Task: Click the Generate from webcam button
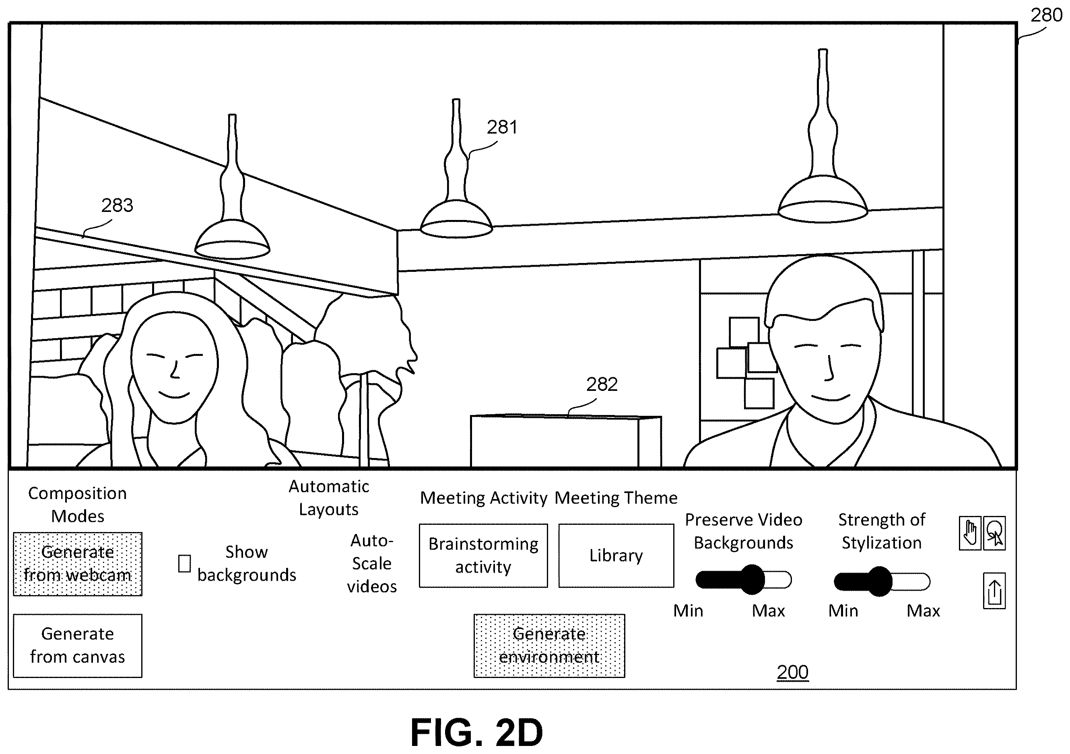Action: (77, 563)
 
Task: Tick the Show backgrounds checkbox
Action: (185, 563)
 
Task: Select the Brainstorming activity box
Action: (483, 556)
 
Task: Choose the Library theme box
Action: (616, 556)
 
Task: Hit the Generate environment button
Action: (549, 645)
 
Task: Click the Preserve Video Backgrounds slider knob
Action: (752, 580)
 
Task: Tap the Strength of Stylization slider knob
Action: (879, 581)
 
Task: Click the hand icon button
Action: (970, 533)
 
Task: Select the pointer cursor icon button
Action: (994, 533)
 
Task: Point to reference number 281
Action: (502, 127)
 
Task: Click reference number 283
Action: (118, 205)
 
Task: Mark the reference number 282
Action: (602, 384)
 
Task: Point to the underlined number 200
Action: (793, 672)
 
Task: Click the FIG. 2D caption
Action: (477, 733)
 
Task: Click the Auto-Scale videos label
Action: (372, 563)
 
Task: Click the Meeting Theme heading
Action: (616, 498)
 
